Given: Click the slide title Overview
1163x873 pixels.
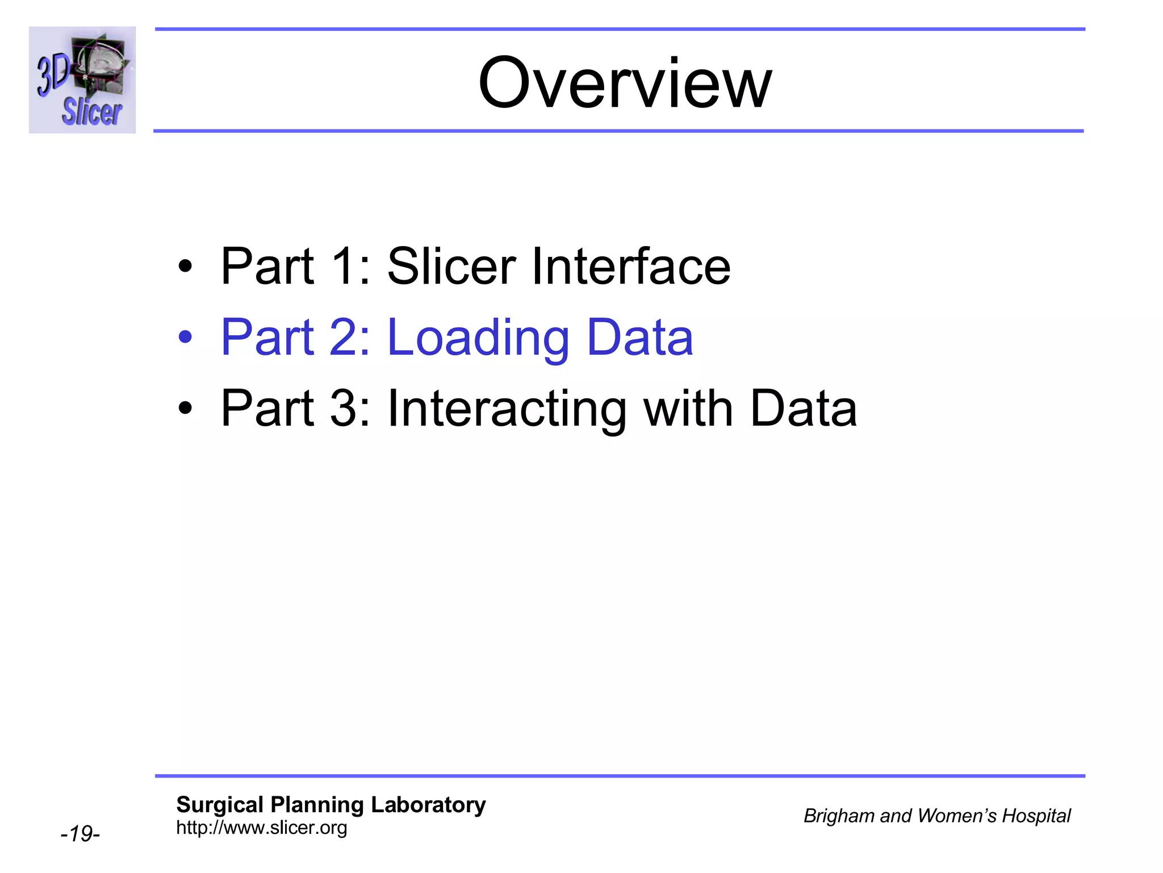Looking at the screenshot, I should [625, 83].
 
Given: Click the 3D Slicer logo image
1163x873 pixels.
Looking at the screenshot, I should [82, 80].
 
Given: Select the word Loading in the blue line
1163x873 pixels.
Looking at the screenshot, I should [478, 338].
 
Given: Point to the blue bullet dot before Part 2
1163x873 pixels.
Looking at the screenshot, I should [185, 337].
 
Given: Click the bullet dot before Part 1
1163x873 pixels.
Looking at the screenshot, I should [185, 266].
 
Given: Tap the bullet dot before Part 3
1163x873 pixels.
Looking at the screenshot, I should [185, 408].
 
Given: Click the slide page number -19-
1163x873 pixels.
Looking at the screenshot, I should [80, 834].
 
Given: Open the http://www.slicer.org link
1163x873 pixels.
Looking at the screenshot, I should [261, 828].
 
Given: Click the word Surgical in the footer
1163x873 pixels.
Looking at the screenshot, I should [220, 805].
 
